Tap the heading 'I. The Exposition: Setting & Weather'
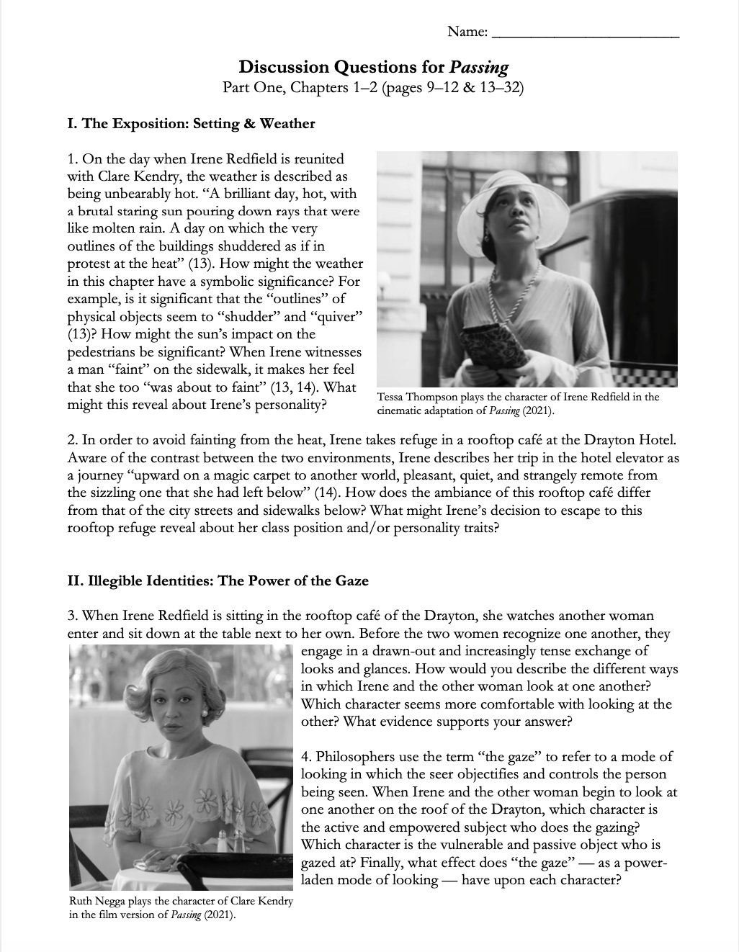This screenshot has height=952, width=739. [191, 123]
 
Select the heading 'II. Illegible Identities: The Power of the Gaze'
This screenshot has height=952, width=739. [218, 580]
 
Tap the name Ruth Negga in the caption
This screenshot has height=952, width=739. [97, 902]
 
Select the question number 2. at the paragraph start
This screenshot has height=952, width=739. [73, 440]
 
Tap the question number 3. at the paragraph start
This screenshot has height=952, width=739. [73, 616]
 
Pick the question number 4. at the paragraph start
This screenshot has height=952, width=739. [307, 757]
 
